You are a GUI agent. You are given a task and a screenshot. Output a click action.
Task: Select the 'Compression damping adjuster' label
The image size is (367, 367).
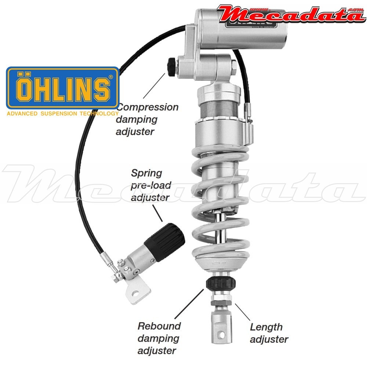(147, 119)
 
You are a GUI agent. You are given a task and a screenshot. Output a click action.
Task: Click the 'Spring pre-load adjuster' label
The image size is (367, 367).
(150, 185)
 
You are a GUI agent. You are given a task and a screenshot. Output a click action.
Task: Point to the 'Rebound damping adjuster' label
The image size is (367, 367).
(159, 338)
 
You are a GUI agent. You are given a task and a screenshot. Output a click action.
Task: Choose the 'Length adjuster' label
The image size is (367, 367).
(269, 333)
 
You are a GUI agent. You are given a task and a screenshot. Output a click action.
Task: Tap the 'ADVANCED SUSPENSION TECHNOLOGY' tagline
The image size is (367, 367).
(62, 114)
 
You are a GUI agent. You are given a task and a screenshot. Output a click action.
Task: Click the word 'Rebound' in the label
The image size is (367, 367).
(159, 326)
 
